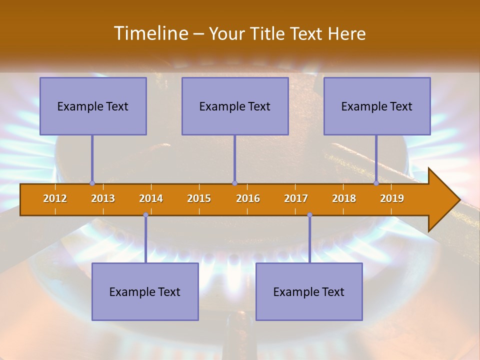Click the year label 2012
coord(55,198)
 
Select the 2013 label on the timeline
coord(103,198)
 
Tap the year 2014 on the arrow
coord(151,198)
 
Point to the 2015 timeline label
coord(199,198)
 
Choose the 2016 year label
coord(248,198)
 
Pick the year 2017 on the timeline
coord(296,198)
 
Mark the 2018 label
coord(344,198)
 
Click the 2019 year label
coord(392,198)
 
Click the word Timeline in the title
coord(150,33)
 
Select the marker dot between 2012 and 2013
coord(92,183)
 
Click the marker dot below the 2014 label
coord(145,215)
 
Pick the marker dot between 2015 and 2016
coord(234,183)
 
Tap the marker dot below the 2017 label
coord(309,215)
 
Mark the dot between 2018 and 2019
coord(376,183)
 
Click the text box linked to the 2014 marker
coord(145,291)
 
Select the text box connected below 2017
coord(309,291)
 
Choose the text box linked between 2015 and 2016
coord(235,106)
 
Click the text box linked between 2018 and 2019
coord(377,106)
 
